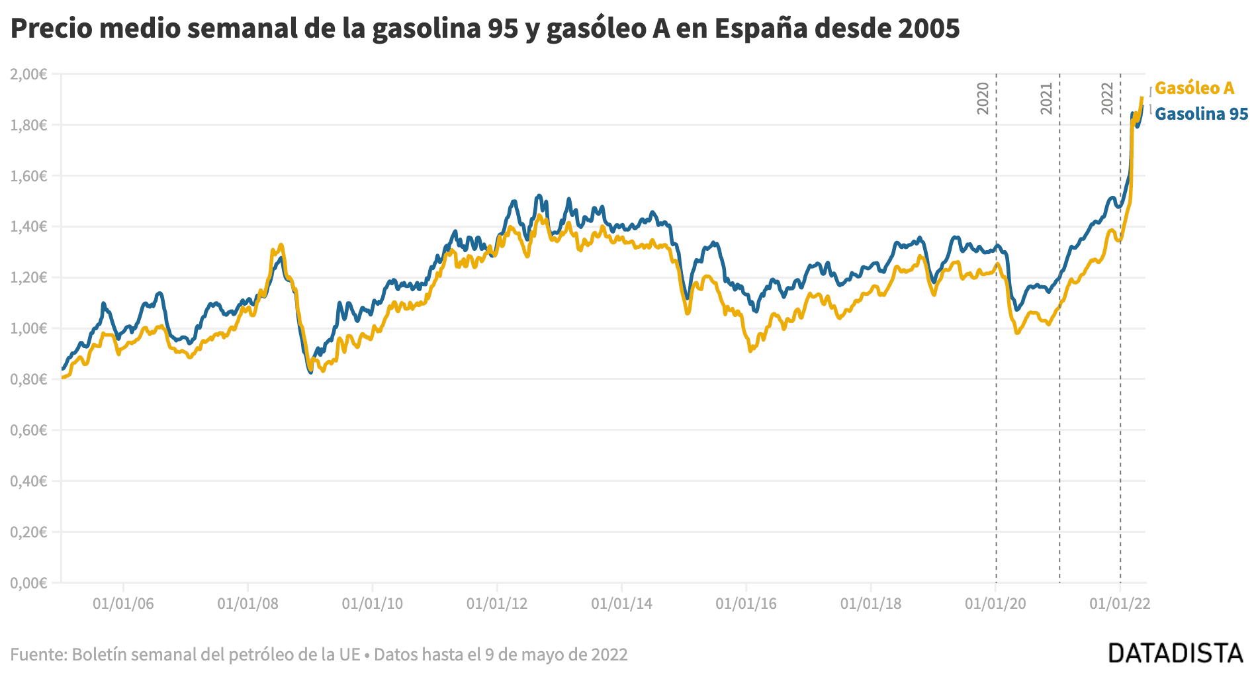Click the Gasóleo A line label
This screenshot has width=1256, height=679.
tap(1194, 89)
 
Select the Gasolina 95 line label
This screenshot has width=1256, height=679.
tap(1201, 114)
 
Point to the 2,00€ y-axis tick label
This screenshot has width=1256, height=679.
tap(28, 74)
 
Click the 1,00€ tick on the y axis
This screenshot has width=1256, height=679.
tap(28, 328)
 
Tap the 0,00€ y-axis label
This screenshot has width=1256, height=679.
tap(28, 583)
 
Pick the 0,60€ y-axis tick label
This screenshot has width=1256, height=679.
tap(28, 430)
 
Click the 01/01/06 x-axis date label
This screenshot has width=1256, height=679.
tap(123, 604)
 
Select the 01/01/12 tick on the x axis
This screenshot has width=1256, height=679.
tap(497, 604)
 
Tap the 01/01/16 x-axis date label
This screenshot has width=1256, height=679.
tap(746, 604)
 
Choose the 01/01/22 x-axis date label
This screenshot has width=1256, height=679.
tap(1120, 604)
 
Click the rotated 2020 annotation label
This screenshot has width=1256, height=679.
tap(983, 99)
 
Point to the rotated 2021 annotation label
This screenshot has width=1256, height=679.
tap(1046, 99)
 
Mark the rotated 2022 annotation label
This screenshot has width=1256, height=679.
tap(1107, 99)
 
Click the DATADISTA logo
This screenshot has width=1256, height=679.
tap(1175, 653)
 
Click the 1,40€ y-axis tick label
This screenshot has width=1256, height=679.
tap(28, 226)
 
